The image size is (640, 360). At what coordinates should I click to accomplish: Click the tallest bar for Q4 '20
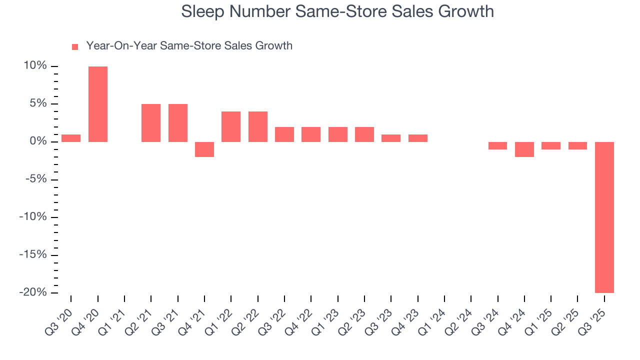point(98,104)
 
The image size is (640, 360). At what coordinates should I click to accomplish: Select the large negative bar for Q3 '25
point(604,217)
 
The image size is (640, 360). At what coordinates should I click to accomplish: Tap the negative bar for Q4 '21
point(204,149)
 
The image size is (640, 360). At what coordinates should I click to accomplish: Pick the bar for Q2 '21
point(151,123)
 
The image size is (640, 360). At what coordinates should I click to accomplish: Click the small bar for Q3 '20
point(71,138)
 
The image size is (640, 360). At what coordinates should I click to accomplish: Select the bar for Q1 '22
point(231,126)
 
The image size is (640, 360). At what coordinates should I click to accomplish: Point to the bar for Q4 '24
point(524,149)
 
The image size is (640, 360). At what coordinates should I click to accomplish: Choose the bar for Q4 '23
point(418,138)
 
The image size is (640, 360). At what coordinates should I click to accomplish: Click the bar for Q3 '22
point(284,134)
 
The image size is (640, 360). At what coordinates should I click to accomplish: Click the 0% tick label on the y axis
point(39,141)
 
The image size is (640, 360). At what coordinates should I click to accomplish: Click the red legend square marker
point(75,46)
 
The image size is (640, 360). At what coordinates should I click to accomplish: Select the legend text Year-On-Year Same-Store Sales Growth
point(189,46)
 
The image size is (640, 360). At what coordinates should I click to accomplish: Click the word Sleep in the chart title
point(202,11)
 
